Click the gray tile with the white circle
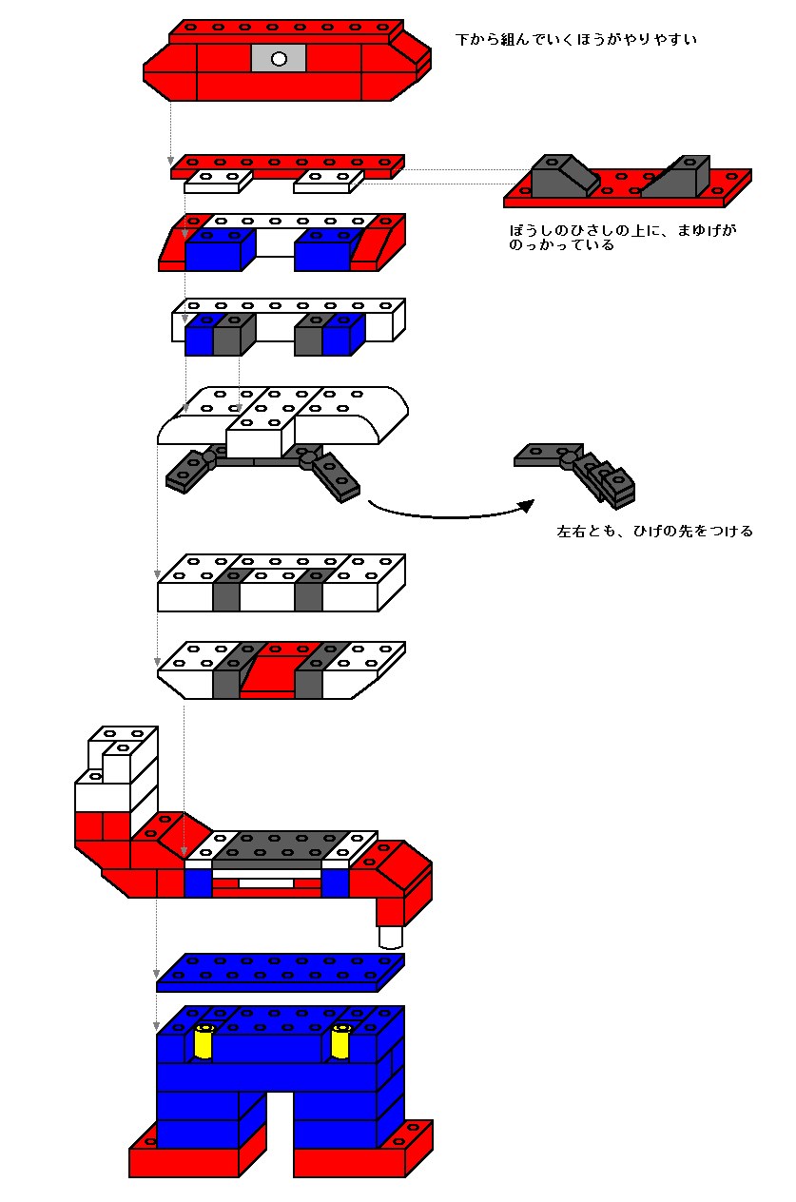tap(279, 58)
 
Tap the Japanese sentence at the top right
tap(577, 40)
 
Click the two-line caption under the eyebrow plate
tap(622, 238)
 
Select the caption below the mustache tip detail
tap(654, 532)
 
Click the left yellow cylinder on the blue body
tap(204, 1042)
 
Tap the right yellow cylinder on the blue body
tap(340, 1042)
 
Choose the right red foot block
tap(361, 1154)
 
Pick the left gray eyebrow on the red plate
tap(562, 176)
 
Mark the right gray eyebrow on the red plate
tap(677, 176)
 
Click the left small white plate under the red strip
tap(217, 181)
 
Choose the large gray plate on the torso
tap(282, 846)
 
